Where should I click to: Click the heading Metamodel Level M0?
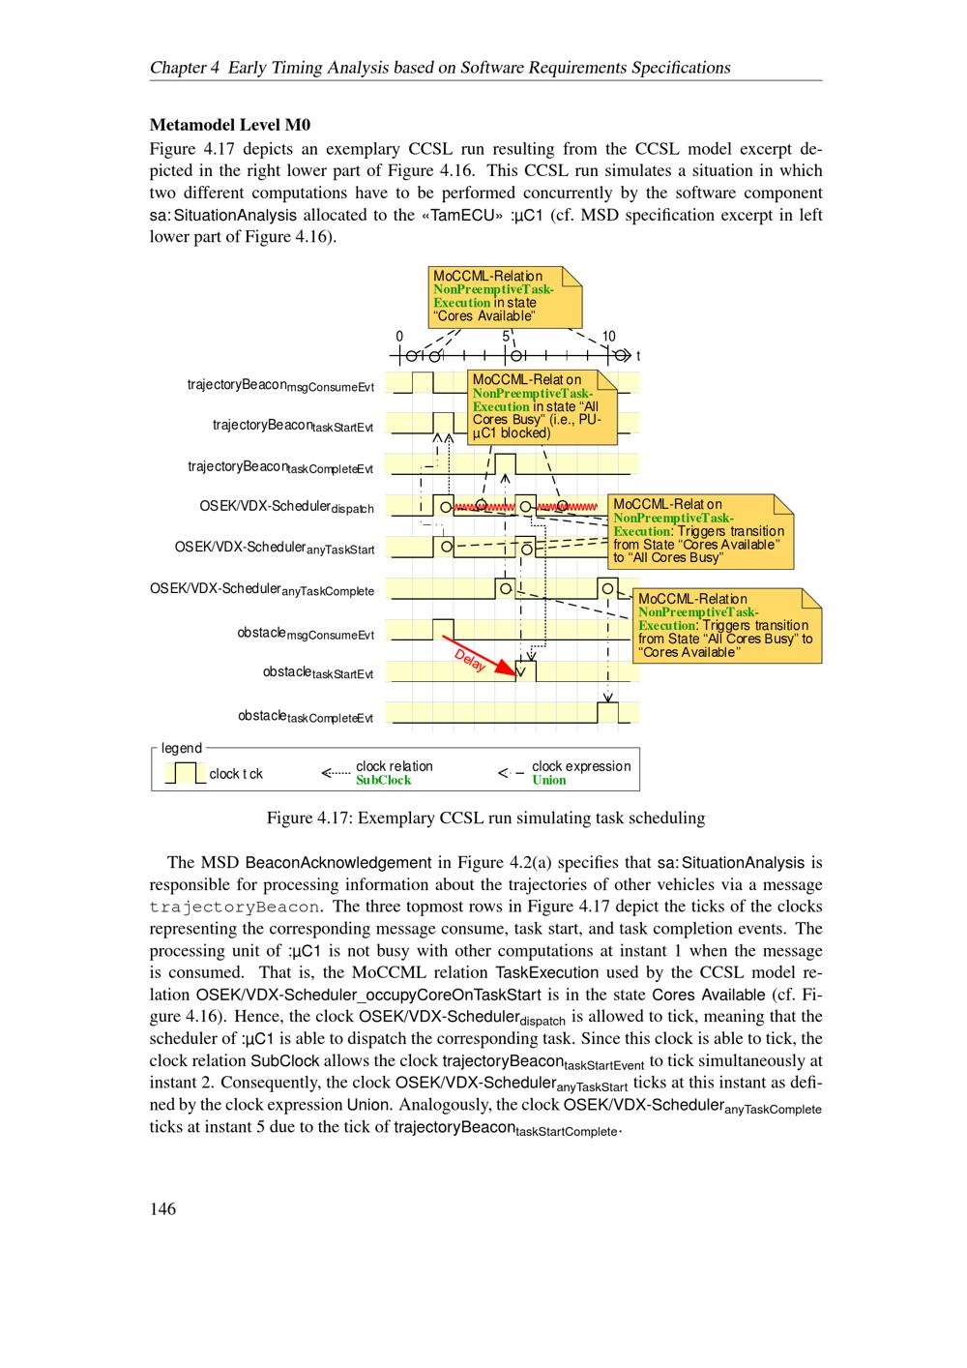point(229,125)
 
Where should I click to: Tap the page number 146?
point(162,1208)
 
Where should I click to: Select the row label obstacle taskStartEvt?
point(318,672)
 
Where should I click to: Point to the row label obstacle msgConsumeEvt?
point(306,634)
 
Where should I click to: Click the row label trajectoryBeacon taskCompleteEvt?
point(280,467)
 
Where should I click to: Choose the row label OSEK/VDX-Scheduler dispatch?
point(286,507)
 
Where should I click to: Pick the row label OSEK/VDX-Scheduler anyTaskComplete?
point(262,590)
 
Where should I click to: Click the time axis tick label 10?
point(608,337)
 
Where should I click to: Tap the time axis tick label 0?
point(399,337)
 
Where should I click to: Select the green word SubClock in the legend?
point(383,780)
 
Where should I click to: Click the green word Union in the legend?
point(549,780)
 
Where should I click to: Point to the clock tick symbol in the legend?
point(185,773)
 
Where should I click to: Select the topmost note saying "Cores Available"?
point(506,296)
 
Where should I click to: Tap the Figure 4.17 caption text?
point(485,818)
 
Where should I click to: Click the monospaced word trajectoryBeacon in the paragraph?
point(234,907)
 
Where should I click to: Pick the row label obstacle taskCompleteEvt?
point(306,716)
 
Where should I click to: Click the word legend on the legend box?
point(182,748)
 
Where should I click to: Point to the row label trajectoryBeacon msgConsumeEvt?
point(280,385)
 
